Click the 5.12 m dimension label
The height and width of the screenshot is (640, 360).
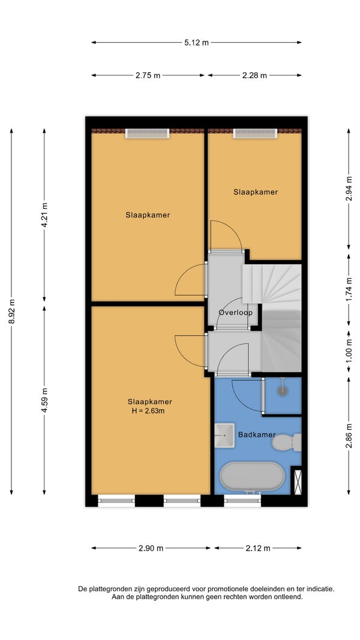pos(196,43)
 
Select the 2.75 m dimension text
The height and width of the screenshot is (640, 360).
pos(148,76)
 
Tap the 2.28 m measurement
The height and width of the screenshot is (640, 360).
pos(254,76)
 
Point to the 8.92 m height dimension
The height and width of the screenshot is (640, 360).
pos(11,312)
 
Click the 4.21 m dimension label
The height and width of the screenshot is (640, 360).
pos(44,215)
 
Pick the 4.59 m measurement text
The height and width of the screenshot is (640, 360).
pos(44,400)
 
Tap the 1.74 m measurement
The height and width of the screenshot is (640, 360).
pos(349,289)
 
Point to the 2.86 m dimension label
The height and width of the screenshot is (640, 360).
pos(349,436)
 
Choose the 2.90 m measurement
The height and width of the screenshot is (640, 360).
pos(151,548)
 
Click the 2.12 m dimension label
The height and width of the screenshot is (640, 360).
pos(257,548)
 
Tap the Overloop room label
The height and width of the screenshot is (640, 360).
pos(235,313)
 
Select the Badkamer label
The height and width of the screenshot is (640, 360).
pos(257,435)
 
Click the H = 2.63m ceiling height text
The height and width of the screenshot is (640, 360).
pos(148,411)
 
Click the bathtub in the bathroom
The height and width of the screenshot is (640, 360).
pos(252,477)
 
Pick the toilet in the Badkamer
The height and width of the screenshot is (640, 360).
pos(286,442)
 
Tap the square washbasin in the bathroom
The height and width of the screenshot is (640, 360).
pos(224,435)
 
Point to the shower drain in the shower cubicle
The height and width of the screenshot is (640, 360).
pos(282,390)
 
